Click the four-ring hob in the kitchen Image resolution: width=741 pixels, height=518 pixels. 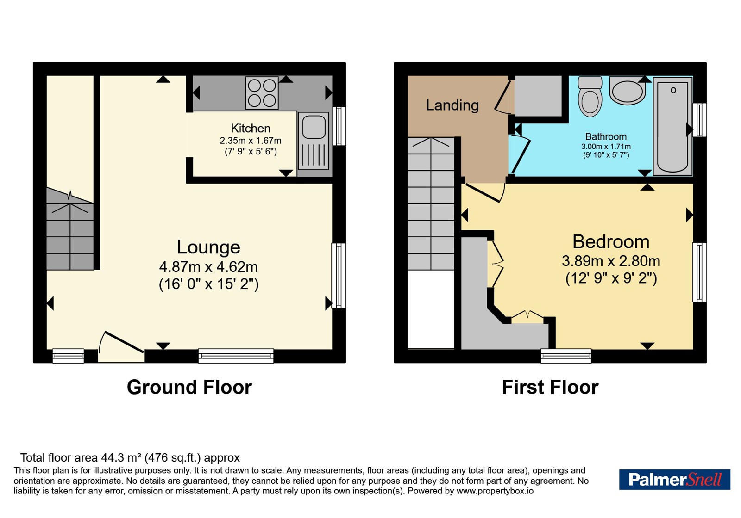click(262, 93)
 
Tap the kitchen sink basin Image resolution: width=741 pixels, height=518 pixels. click(314, 127)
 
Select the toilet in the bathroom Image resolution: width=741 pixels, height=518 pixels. click(590, 97)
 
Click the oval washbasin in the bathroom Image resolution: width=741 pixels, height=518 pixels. click(627, 91)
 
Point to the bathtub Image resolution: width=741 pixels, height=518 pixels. click(672, 126)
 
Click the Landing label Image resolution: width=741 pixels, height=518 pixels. click(452, 105)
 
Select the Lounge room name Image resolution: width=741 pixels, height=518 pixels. click(208, 247)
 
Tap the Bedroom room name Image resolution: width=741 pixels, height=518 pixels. click(611, 241)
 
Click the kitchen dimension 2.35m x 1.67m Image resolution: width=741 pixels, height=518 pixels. click(251, 141)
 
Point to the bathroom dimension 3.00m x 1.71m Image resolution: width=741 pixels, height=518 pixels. click(606, 146)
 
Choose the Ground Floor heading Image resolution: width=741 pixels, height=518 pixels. click(189, 387)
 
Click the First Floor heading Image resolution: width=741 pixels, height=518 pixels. click(550, 387)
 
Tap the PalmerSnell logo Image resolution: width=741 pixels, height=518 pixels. click(675, 479)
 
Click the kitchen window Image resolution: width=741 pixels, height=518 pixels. click(339, 126)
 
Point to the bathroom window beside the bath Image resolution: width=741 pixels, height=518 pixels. click(699, 120)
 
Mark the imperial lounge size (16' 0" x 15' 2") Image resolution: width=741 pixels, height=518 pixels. click(209, 284)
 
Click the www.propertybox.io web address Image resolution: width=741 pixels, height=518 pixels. click(495, 491)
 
